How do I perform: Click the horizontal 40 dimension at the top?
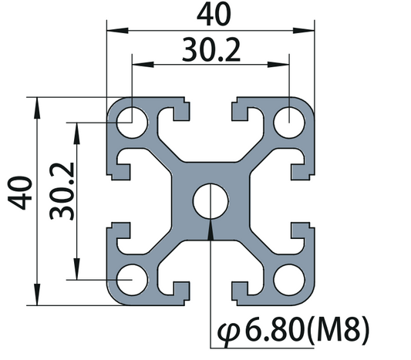[211, 14]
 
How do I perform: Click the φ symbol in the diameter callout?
[231, 333]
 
